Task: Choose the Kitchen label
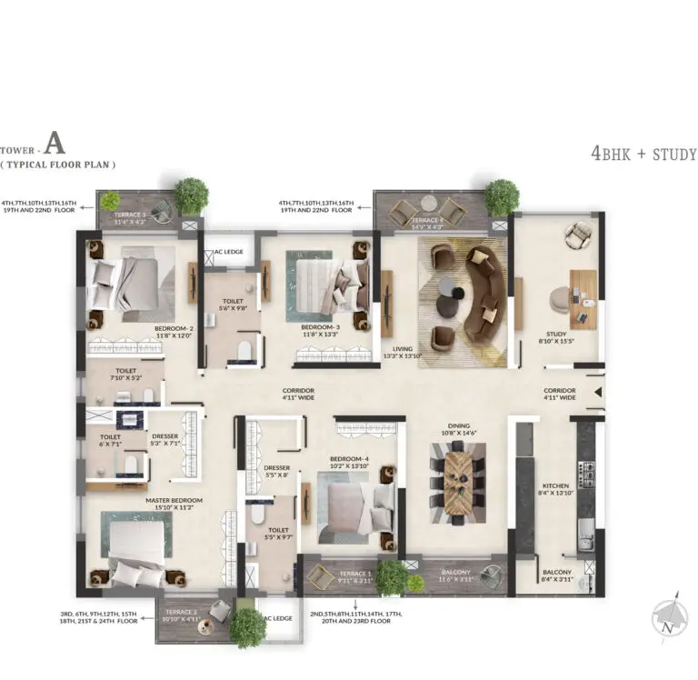click(555, 485)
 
